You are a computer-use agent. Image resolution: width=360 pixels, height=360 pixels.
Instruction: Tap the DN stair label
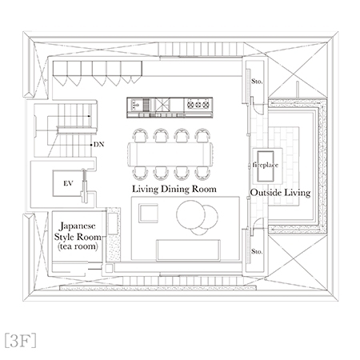99,145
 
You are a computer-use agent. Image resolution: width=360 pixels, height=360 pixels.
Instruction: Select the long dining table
170,152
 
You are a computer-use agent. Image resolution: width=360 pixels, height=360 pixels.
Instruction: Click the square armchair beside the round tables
149,213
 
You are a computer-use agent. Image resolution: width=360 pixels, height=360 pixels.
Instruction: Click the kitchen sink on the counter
140,103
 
